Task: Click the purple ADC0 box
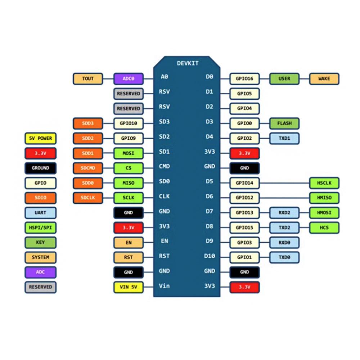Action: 129,78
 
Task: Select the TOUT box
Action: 88,78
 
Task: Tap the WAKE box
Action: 324,78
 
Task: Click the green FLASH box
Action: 284,123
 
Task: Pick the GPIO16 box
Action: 244,78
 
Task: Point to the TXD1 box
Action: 284,138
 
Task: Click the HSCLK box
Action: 324,183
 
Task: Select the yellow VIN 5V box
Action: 129,287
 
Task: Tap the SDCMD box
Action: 88,168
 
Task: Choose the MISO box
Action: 129,183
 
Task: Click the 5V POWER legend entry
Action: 41,138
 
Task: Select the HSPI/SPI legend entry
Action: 41,228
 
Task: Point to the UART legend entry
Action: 41,212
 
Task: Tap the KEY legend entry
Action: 41,242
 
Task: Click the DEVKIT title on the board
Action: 188,63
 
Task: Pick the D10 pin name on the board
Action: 209,256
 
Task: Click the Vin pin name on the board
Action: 165,286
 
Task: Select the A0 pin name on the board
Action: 165,77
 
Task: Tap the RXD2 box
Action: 284,213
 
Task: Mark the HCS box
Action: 324,228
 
